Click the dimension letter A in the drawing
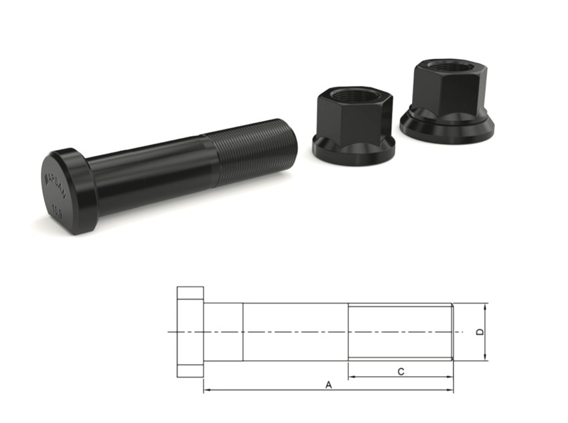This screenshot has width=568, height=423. click(328, 385)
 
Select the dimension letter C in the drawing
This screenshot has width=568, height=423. click(401, 371)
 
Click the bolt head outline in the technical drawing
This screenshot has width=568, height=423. click(190, 332)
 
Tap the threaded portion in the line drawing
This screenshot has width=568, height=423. click(401, 332)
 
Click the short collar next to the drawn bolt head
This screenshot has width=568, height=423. click(222, 332)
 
